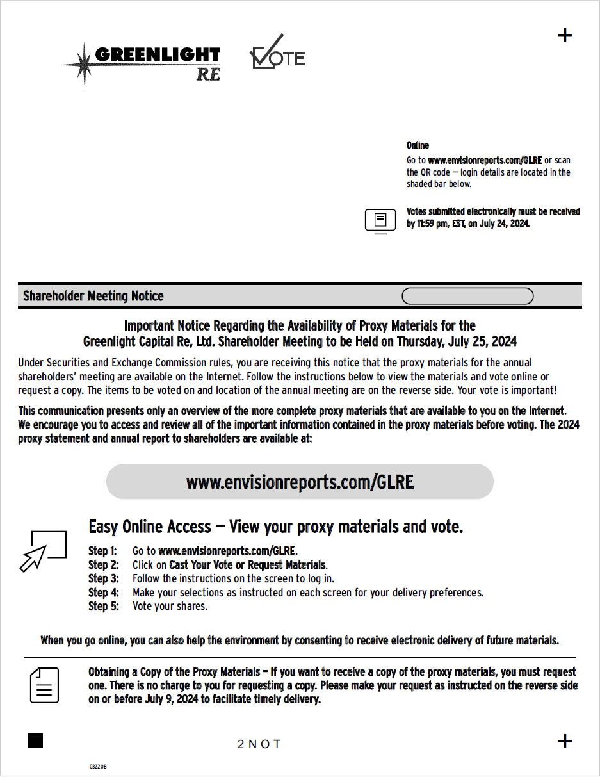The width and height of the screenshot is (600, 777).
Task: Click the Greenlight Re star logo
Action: click(142, 64)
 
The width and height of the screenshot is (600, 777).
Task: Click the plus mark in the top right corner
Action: click(565, 35)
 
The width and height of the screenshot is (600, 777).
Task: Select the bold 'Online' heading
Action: click(418, 145)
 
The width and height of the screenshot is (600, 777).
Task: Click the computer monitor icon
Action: click(380, 221)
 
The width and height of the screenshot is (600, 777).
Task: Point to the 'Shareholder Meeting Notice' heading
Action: click(93, 296)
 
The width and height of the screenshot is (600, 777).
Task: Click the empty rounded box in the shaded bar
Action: click(467, 296)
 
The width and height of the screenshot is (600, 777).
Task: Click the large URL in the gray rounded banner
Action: click(300, 482)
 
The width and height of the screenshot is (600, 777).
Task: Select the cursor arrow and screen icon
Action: click(44, 550)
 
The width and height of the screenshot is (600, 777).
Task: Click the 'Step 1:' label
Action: click(102, 551)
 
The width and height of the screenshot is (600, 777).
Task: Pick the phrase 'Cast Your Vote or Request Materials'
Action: click(247, 565)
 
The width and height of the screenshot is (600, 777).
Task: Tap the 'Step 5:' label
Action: click(103, 606)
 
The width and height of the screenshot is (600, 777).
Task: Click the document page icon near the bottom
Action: click(45, 685)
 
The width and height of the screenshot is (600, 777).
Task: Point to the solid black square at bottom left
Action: click(36, 741)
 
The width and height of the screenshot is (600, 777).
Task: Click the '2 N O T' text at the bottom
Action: click(259, 744)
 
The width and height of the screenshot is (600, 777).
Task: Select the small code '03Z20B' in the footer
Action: click(98, 766)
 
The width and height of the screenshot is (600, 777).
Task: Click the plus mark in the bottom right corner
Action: click(565, 741)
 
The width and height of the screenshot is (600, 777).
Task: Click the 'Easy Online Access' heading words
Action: click(150, 527)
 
